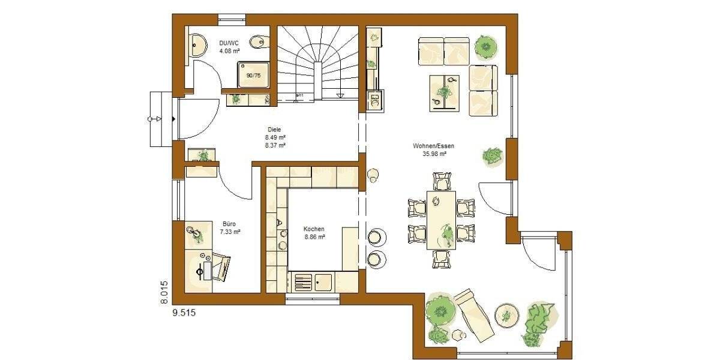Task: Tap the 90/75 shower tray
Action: pos(253,75)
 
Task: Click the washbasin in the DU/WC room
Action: pos(197,43)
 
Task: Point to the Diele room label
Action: pos(274,129)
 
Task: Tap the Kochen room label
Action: pos(314,229)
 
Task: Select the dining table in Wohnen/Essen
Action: pos(441,220)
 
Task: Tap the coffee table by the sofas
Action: pos(444,93)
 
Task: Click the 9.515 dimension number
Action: pos(184,313)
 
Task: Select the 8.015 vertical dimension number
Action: pos(164,293)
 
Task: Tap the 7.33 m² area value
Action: pos(230,231)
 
